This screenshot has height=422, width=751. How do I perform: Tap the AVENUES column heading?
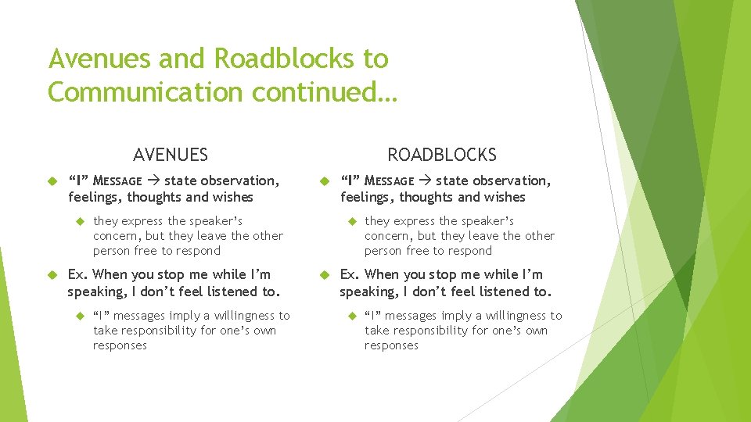[x=171, y=155]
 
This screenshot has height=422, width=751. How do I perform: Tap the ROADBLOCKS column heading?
[x=442, y=155]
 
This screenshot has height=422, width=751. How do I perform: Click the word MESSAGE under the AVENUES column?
[x=116, y=181]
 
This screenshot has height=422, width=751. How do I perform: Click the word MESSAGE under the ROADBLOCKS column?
[x=389, y=181]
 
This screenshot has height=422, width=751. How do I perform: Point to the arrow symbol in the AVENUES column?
[x=153, y=181]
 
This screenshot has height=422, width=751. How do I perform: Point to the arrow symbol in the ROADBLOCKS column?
[x=425, y=181]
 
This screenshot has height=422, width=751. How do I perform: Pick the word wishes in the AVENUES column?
[x=233, y=197]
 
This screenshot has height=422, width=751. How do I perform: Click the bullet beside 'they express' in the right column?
[x=351, y=222]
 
